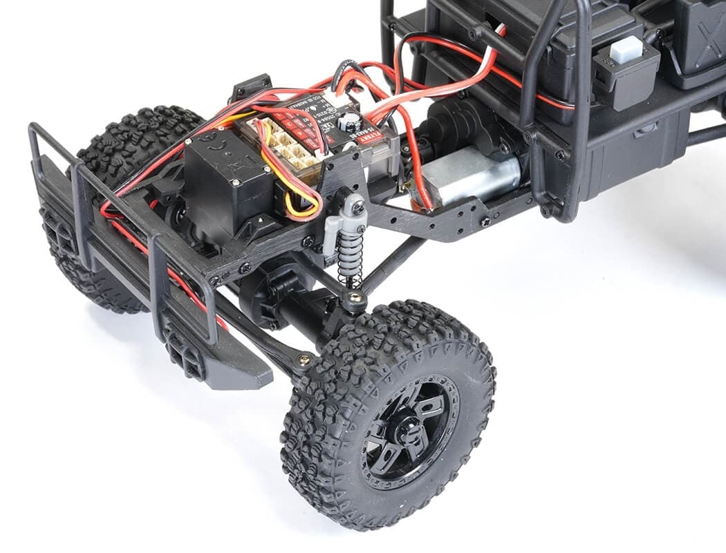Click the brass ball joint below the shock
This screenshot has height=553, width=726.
pos(354,299)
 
